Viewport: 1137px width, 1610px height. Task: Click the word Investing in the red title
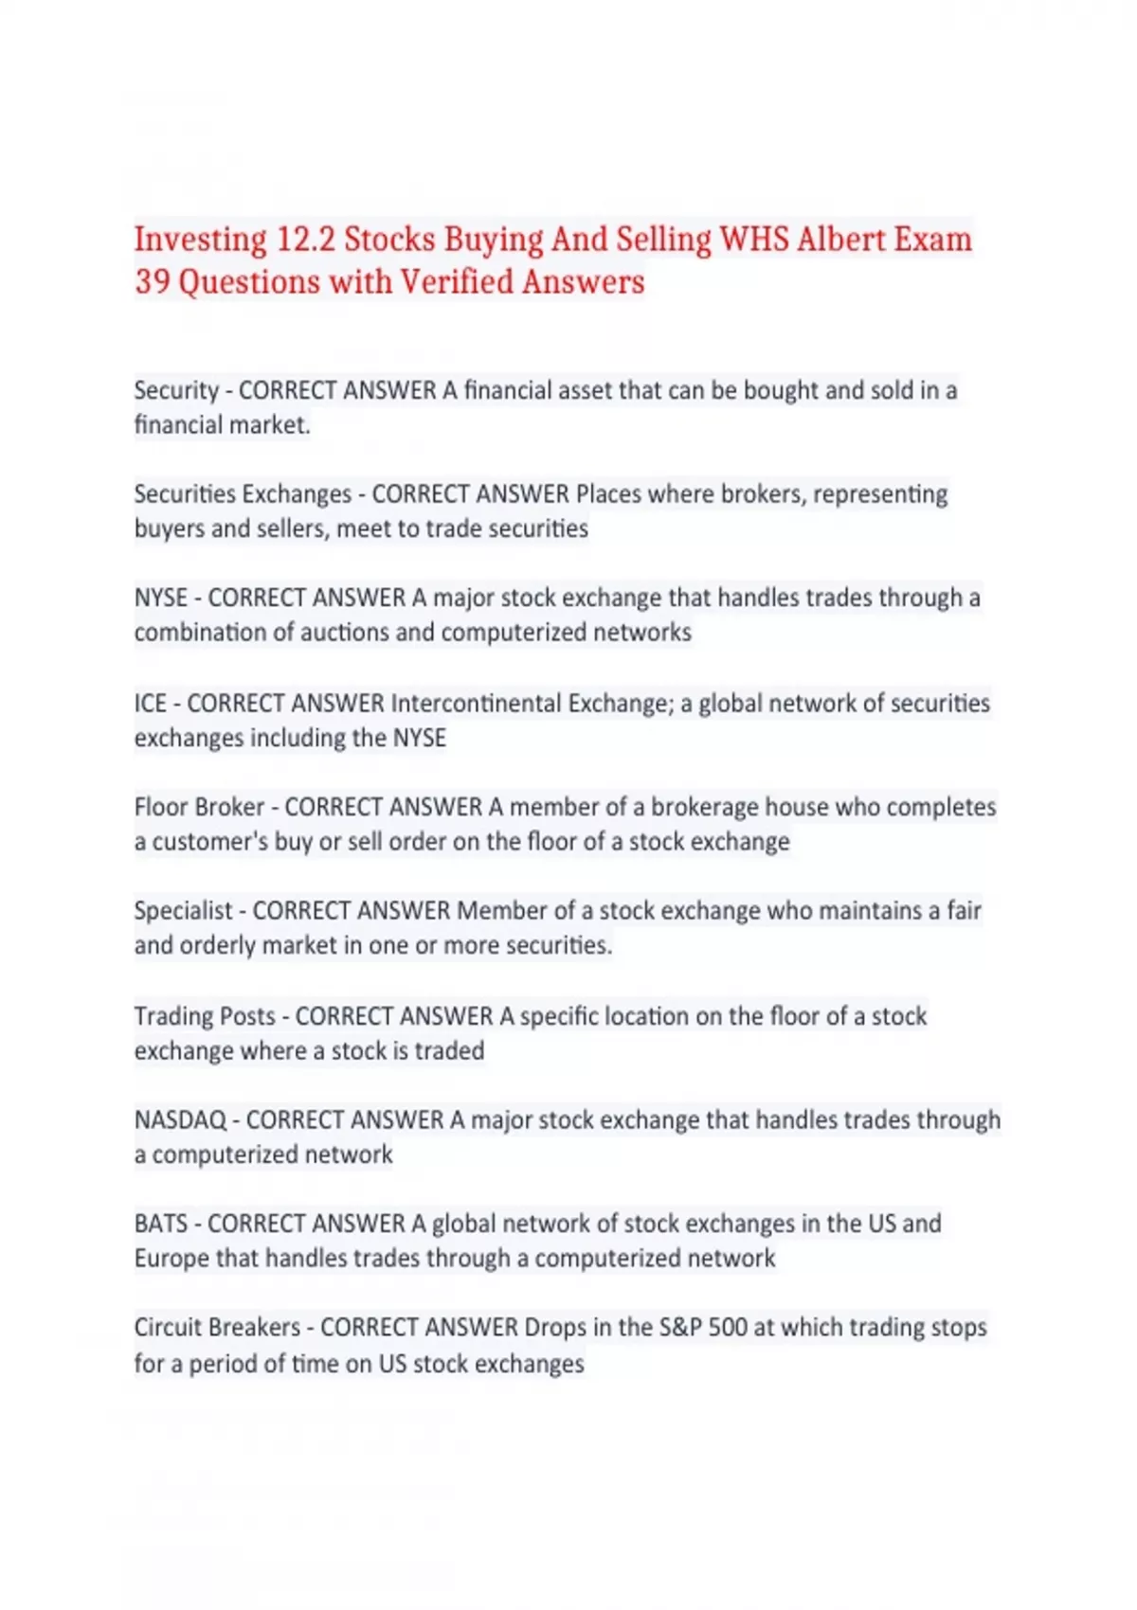point(200,241)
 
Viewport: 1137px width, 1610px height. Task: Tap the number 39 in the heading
point(152,282)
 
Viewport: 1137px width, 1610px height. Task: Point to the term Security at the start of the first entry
point(176,390)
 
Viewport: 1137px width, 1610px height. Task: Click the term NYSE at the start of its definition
point(160,599)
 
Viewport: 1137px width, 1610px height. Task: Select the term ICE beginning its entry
point(151,704)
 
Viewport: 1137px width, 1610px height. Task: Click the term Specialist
point(183,911)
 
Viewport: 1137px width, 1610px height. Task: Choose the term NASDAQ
point(180,1120)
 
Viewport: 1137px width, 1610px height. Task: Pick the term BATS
point(161,1224)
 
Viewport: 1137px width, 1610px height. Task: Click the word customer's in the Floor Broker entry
point(209,842)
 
